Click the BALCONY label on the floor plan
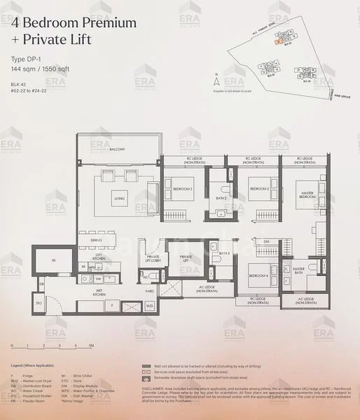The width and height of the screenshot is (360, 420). coord(116,150)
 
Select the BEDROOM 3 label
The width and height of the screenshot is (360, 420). coord(183,189)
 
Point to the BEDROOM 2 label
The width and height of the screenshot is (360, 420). coord(259,189)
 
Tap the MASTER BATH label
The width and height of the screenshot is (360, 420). coord(298,269)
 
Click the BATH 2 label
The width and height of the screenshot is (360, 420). coord(221,198)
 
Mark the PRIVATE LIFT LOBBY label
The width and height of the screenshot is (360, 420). coord(153,259)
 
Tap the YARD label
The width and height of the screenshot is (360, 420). coord(149,290)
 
